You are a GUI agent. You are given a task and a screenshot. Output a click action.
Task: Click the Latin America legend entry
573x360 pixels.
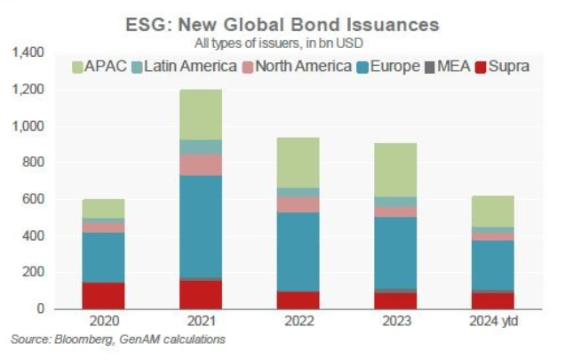click(x=183, y=66)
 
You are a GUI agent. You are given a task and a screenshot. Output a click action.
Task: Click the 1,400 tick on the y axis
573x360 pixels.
click(x=31, y=53)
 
